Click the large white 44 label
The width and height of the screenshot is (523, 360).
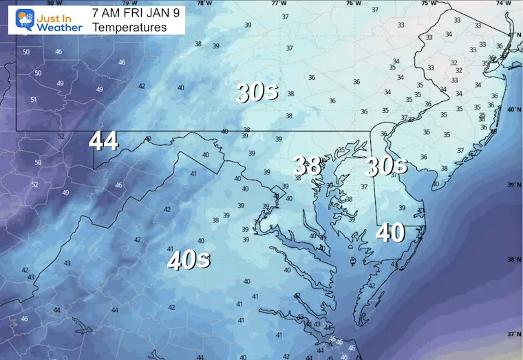103,141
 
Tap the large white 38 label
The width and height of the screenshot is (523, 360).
307,165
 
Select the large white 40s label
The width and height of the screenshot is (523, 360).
189,260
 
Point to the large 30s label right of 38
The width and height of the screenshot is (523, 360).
387,165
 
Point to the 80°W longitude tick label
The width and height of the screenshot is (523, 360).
50,3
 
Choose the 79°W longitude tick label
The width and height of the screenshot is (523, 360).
125,3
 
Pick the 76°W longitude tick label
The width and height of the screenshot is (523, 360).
353,3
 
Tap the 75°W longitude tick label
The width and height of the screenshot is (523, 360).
428,3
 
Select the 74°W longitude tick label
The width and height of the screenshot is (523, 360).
504,3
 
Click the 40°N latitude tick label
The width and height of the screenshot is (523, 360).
513,109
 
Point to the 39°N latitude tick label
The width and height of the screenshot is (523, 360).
513,185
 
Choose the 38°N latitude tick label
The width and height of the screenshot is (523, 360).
513,260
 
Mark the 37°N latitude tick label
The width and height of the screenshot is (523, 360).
513,334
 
